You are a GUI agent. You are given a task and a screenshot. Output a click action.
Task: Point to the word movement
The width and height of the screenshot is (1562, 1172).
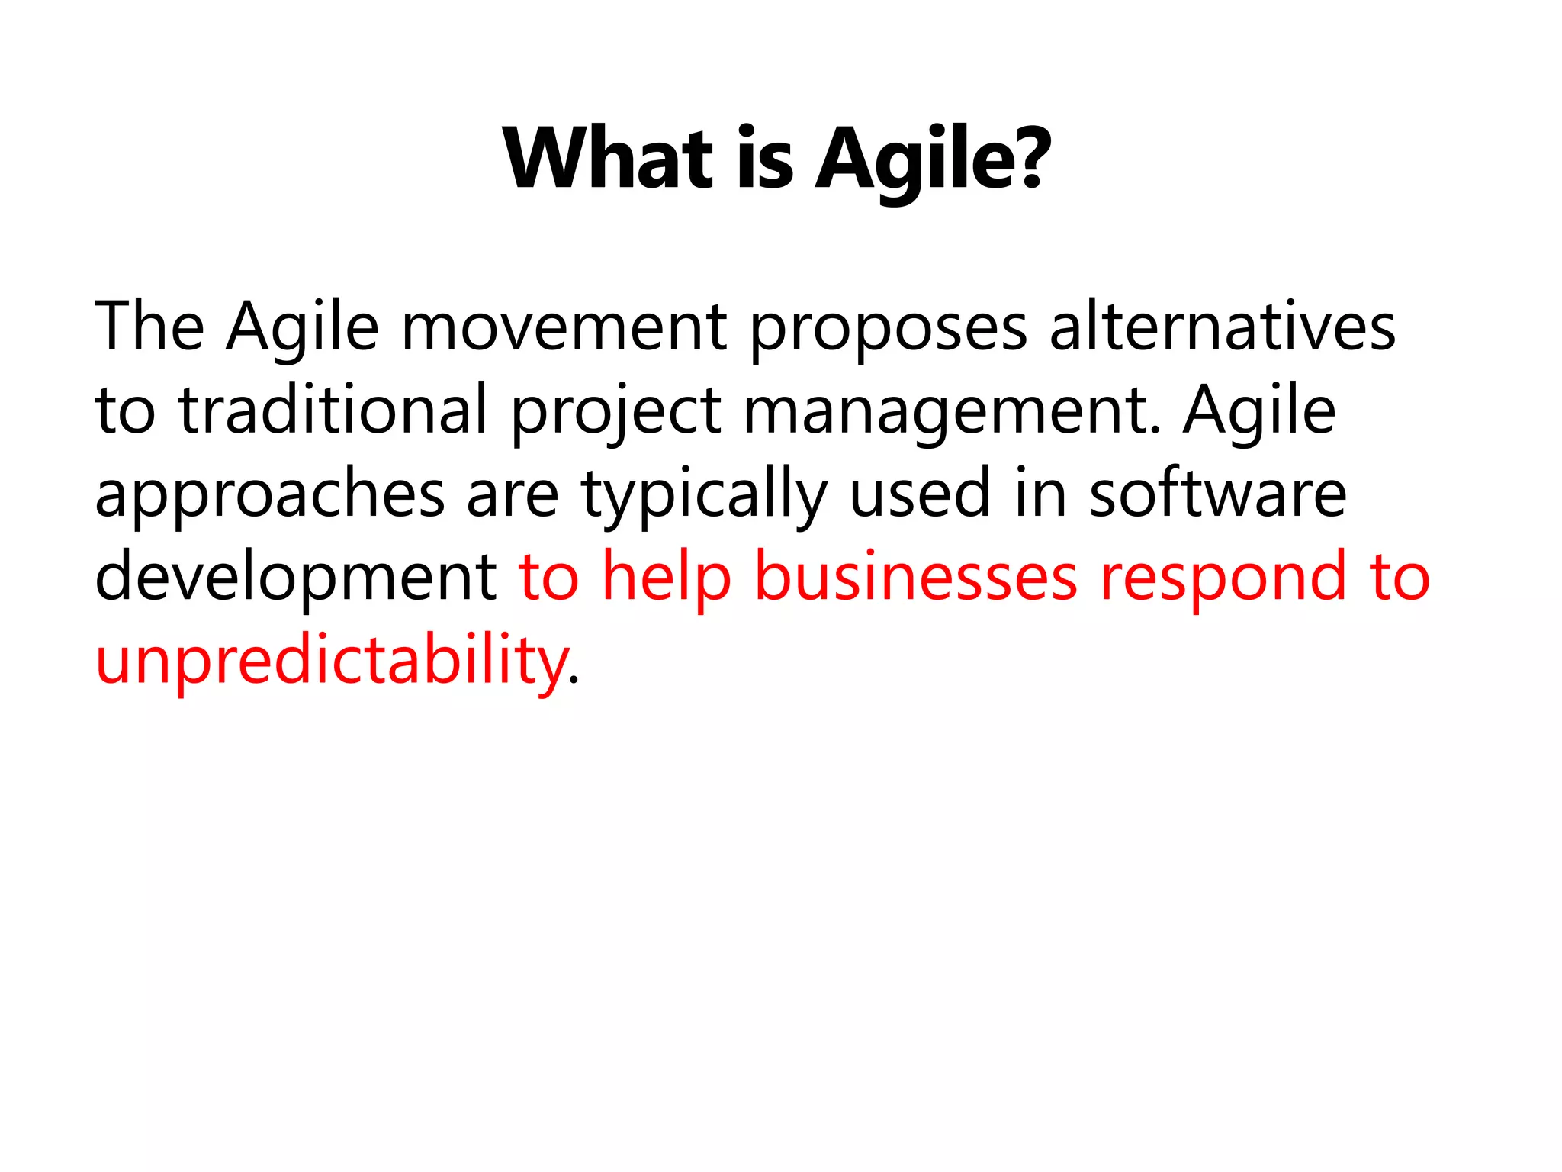tap(564, 328)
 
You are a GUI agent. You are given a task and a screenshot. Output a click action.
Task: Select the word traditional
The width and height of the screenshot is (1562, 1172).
tap(333, 410)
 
